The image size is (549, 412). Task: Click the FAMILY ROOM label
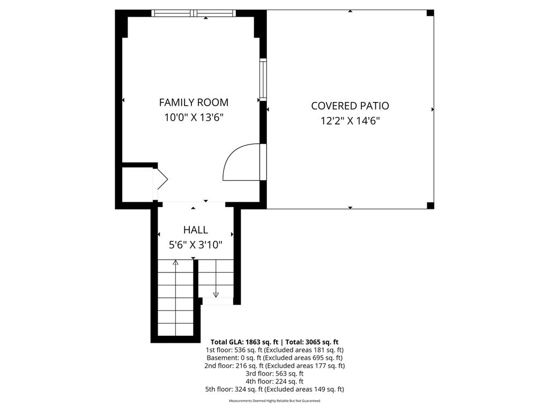(194, 102)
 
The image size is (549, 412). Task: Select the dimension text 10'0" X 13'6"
(194, 117)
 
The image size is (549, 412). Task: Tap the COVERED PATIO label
(350, 106)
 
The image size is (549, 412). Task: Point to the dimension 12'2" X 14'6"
(350, 121)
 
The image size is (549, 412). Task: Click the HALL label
(196, 230)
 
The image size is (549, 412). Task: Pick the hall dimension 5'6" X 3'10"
(196, 245)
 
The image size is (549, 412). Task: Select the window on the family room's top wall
(194, 13)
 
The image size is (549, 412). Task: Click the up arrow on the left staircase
(175, 263)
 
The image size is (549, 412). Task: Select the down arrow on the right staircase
(216, 294)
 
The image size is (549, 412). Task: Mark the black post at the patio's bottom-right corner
(430, 205)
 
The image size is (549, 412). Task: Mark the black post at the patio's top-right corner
(430, 13)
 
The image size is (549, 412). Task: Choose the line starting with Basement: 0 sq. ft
(274, 357)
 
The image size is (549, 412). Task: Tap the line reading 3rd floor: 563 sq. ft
(274, 373)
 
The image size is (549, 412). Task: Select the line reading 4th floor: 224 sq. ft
(274, 381)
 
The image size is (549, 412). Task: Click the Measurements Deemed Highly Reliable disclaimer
(274, 401)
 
